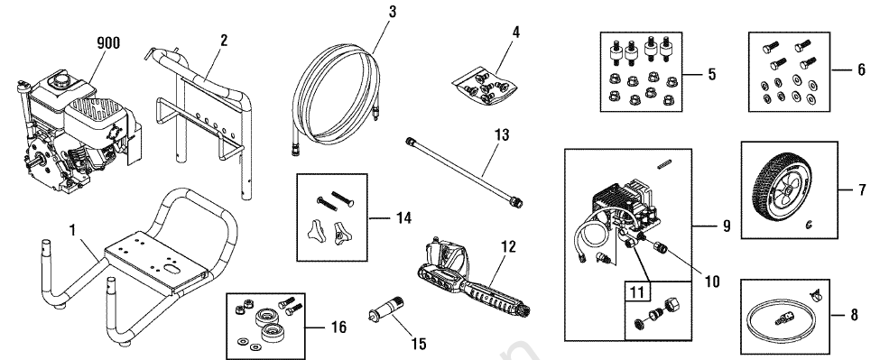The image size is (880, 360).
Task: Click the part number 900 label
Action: pyautogui.click(x=108, y=43)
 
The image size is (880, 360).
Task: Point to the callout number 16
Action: pyautogui.click(x=338, y=327)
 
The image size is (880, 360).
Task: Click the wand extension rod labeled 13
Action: pyautogui.click(x=464, y=172)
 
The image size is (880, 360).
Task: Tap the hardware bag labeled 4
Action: pyautogui.click(x=486, y=86)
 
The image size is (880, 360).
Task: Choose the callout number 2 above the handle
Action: pyautogui.click(x=224, y=41)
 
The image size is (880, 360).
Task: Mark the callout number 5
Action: pyautogui.click(x=711, y=74)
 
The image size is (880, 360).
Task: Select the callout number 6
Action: pyautogui.click(x=861, y=70)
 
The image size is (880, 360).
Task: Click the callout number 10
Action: pyautogui.click(x=711, y=281)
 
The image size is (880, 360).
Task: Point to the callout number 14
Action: pyautogui.click(x=403, y=218)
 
